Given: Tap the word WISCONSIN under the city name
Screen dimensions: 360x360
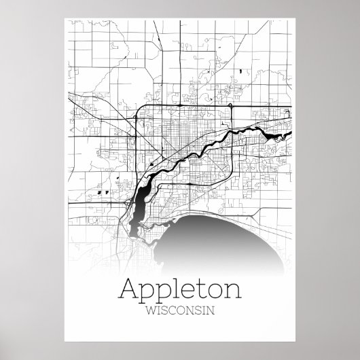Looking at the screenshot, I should tap(179, 312).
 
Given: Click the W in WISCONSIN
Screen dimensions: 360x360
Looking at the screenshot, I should tap(150, 312).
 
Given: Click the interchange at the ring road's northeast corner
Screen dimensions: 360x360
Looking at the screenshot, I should tap(232, 107).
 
